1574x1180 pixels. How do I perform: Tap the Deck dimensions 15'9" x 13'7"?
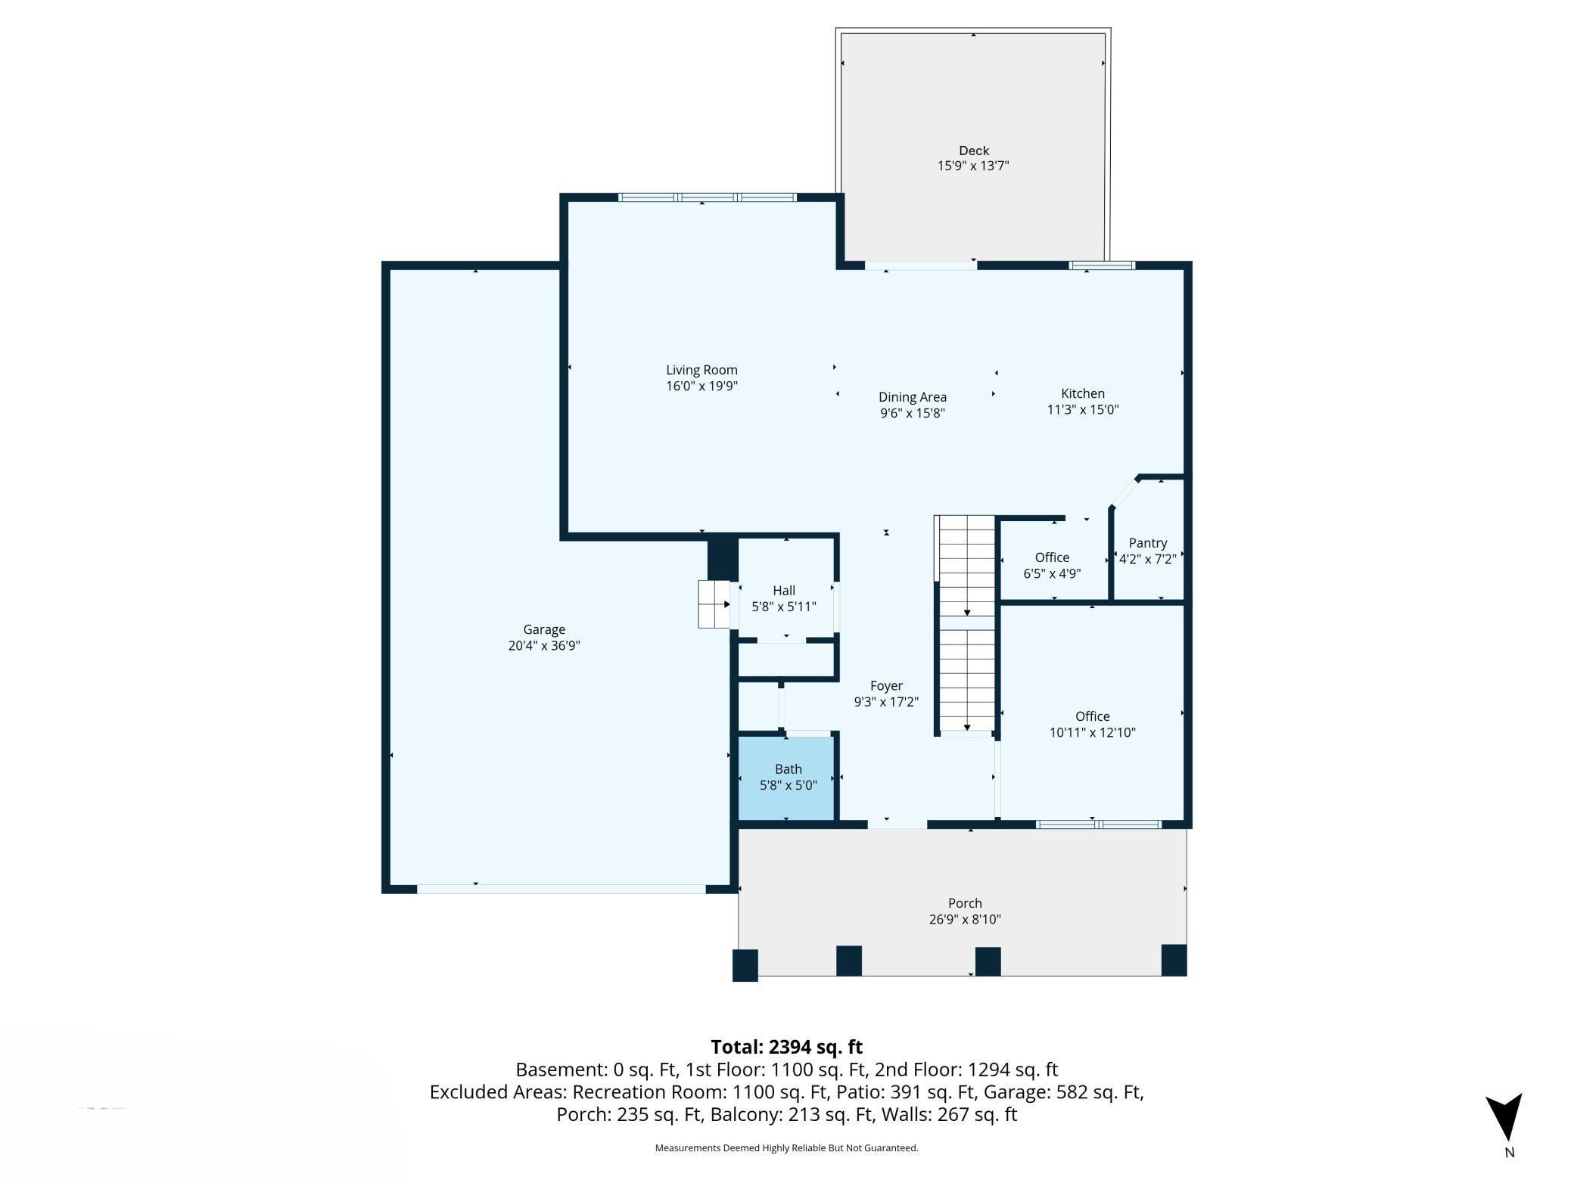coord(973,166)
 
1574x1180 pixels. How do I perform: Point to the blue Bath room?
coord(787,778)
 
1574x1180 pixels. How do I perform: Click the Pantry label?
coord(1147,543)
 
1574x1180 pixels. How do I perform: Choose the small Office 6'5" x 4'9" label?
coord(1052,565)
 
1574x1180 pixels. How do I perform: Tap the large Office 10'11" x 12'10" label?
coord(1092,724)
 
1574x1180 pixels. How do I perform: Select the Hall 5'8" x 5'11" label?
coord(784,598)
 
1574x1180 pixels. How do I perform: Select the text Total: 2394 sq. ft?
coord(786,1047)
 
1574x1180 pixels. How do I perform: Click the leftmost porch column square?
coord(745,966)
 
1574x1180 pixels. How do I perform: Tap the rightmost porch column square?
coord(1174,960)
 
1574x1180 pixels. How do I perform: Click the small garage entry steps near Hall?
coord(714,604)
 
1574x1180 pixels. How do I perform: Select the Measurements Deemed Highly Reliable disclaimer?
coord(786,1148)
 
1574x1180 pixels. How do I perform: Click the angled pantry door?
coord(1125,492)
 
